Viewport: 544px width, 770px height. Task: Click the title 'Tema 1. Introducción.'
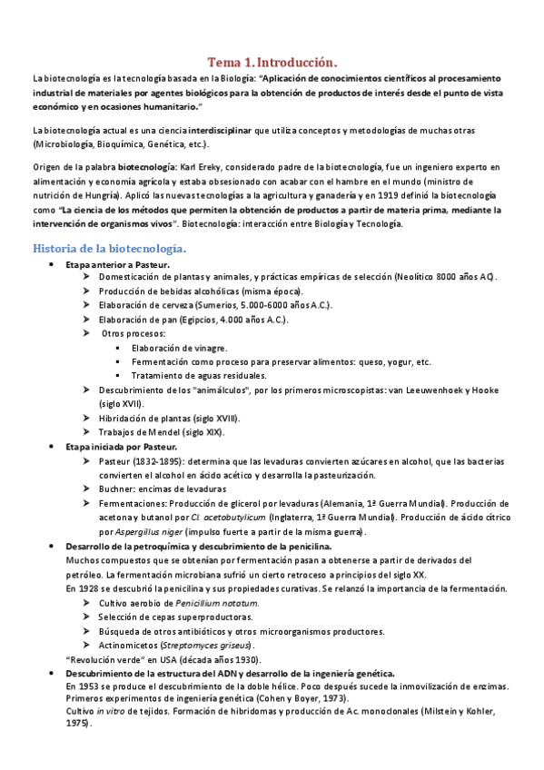pyautogui.click(x=272, y=63)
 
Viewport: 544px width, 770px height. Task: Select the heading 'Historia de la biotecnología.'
pyautogui.click(x=110, y=248)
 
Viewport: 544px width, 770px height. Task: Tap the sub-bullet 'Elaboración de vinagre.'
pyautogui.click(x=180, y=347)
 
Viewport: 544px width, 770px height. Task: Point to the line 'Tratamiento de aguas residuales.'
pyautogui.click(x=198, y=375)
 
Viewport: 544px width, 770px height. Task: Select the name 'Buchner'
pyautogui.click(x=118, y=489)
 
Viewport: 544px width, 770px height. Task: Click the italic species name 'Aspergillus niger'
pyautogui.click(x=149, y=530)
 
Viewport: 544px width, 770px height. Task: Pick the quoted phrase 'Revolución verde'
pyautogui.click(x=104, y=658)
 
